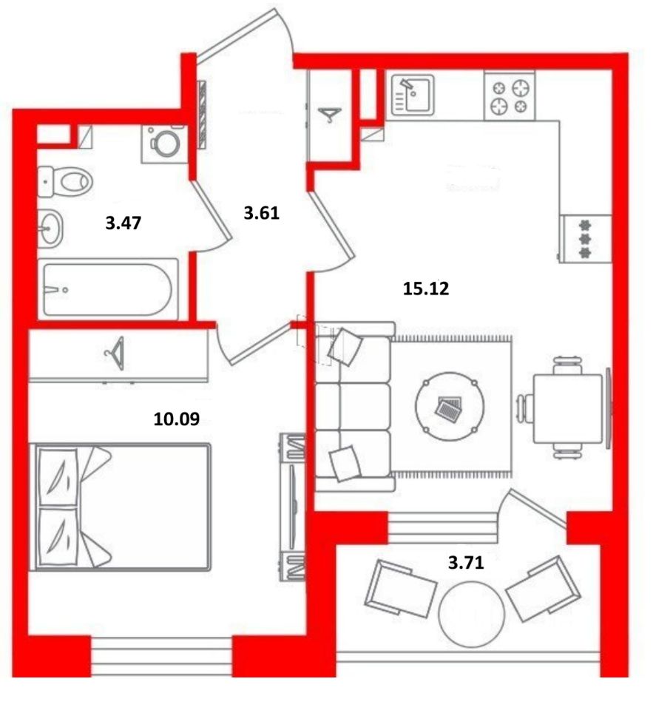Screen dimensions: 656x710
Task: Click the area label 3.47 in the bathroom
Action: click(124, 223)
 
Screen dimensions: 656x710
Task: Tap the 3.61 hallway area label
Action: click(261, 212)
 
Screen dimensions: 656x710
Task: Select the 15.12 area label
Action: click(426, 288)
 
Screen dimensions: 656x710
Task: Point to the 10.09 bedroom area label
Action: click(177, 419)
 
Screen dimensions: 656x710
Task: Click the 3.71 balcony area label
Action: click(466, 563)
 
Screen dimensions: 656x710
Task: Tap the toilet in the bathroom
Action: click(65, 182)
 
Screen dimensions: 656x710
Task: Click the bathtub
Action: click(108, 289)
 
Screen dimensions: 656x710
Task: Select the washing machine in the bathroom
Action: click(164, 143)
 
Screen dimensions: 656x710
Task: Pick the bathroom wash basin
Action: click(50, 229)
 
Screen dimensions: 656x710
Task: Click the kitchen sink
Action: click(413, 95)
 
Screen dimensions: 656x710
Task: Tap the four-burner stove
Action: click(510, 95)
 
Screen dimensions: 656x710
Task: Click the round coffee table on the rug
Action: click(450, 406)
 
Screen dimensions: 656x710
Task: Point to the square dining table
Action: click(568, 408)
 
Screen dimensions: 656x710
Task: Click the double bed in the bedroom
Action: click(121, 507)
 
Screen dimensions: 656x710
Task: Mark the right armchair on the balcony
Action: click(544, 589)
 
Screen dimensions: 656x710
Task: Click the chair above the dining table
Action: click(568, 365)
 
